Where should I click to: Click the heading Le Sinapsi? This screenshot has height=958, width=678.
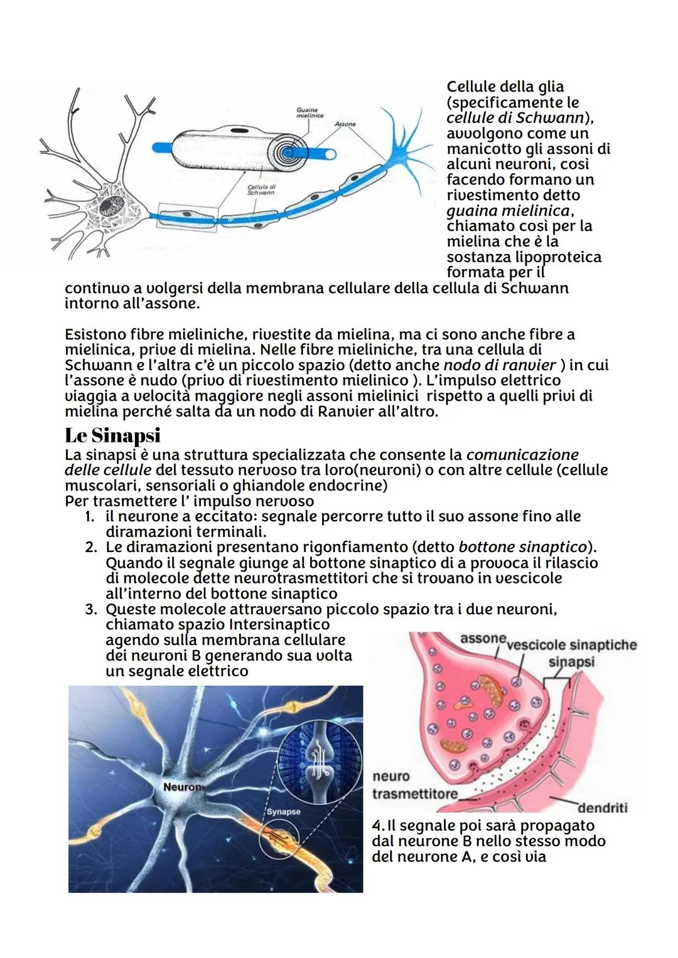112,435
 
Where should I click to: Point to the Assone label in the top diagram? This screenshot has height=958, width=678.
345,124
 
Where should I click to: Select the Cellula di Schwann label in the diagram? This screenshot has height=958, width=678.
261,189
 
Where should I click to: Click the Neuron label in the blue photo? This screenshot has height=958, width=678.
182,787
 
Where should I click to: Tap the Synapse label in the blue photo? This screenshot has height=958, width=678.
283,811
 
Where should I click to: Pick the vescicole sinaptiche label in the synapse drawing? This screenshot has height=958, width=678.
571,645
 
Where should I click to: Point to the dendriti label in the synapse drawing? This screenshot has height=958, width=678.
602,807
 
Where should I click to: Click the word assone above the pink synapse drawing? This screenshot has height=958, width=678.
482,639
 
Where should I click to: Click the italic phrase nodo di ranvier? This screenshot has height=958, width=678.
500,365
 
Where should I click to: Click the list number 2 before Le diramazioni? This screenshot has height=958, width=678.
90,547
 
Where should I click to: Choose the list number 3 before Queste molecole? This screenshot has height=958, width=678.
90,609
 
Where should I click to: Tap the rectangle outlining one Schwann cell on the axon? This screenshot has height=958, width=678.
188,217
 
